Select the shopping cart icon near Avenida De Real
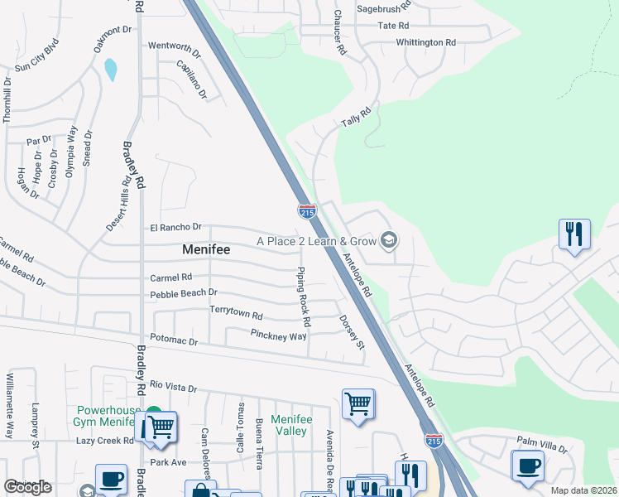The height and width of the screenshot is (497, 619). (357, 404)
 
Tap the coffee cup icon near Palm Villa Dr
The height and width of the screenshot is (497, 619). (527, 464)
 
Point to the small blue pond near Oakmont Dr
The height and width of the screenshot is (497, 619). (110, 70)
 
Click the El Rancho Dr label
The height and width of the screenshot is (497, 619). (175, 227)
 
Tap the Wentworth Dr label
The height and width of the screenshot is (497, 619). (174, 47)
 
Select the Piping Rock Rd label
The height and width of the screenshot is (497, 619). (304, 296)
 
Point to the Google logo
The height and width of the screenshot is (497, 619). (27, 487)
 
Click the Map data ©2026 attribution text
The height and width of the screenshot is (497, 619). (583, 490)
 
